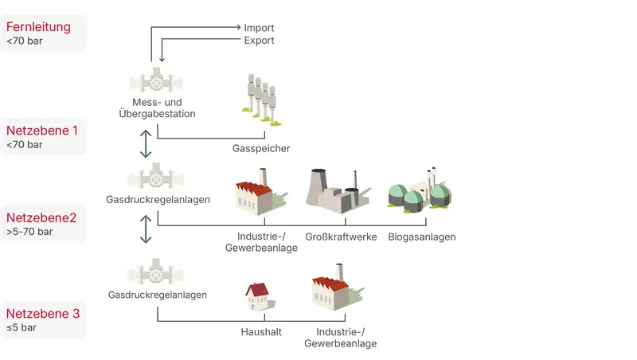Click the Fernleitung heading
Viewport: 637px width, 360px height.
pyautogui.click(x=38, y=27)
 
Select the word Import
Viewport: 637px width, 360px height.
pyautogui.click(x=259, y=27)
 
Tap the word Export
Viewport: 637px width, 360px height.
pyautogui.click(x=259, y=40)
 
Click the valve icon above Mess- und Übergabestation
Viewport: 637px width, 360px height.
pyautogui.click(x=157, y=84)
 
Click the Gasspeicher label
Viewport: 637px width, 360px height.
pyautogui.click(x=261, y=149)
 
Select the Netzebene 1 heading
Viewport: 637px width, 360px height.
pyautogui.click(x=42, y=129)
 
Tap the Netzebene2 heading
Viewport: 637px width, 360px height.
pyautogui.click(x=41, y=217)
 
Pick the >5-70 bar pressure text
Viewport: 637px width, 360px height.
pyautogui.click(x=29, y=232)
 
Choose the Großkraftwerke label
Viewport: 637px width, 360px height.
pyautogui.click(x=340, y=237)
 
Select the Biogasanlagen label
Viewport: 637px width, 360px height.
pyautogui.click(x=422, y=237)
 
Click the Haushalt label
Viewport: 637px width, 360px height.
pyautogui.click(x=261, y=332)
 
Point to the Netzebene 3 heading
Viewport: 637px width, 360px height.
pyautogui.click(x=42, y=313)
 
